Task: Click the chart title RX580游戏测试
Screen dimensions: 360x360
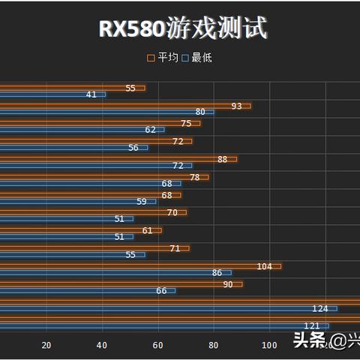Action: [183, 28]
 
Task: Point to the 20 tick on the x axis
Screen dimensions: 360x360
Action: [46, 345]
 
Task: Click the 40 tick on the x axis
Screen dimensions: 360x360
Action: [102, 345]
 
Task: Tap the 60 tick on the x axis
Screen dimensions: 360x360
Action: [157, 345]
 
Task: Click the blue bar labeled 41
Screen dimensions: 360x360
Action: [52, 94]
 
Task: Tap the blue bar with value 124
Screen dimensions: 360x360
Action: [165, 308]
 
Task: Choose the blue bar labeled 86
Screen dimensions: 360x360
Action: [112, 273]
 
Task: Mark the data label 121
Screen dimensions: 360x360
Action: [312, 325]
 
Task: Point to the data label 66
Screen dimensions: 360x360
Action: [161, 290]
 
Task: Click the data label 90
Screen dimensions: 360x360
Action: [228, 284]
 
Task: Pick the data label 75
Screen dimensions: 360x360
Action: [186, 124]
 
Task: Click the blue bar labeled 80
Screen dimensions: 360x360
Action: [105, 112]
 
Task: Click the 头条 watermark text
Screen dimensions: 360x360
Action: [309, 341]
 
